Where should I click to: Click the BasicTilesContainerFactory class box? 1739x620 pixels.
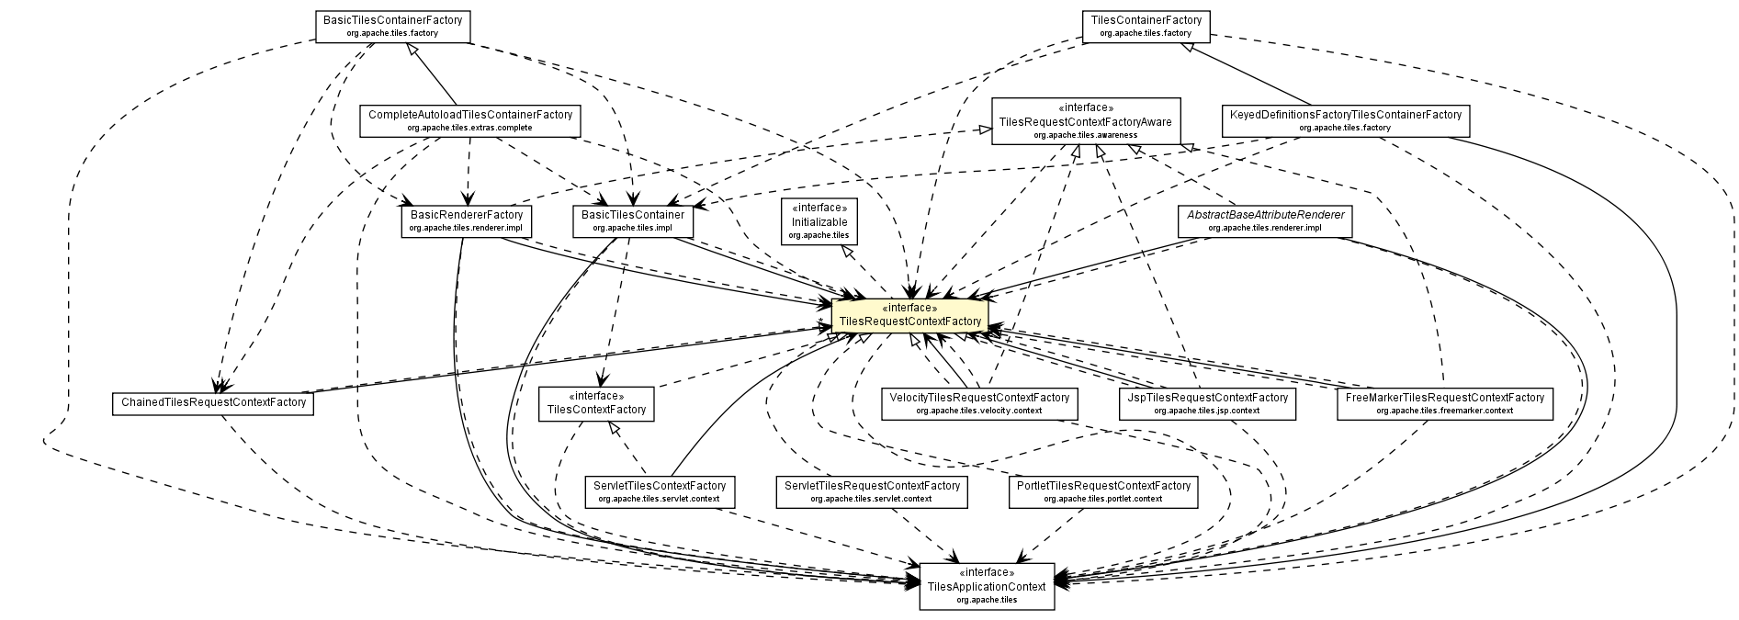tap(392, 26)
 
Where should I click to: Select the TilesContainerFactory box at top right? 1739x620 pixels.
tap(1146, 26)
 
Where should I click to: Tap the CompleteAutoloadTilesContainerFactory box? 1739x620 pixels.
tap(469, 120)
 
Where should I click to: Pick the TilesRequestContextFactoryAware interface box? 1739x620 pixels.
tap(1086, 121)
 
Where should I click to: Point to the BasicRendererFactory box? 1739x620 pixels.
tap(467, 220)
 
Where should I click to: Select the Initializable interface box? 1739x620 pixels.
tap(819, 221)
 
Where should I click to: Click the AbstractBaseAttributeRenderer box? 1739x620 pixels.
tap(1265, 220)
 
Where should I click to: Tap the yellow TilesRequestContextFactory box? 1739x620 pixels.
tap(909, 315)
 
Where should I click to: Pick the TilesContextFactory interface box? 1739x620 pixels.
tap(596, 403)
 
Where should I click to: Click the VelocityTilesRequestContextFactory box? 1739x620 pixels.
tap(978, 403)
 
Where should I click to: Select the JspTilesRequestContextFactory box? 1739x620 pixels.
tap(1206, 403)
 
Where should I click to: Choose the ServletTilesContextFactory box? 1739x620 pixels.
tap(659, 491)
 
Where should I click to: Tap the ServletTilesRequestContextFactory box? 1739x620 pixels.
tap(871, 491)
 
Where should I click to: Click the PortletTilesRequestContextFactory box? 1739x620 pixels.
tap(1102, 491)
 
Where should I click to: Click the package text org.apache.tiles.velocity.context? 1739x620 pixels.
tap(978, 411)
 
